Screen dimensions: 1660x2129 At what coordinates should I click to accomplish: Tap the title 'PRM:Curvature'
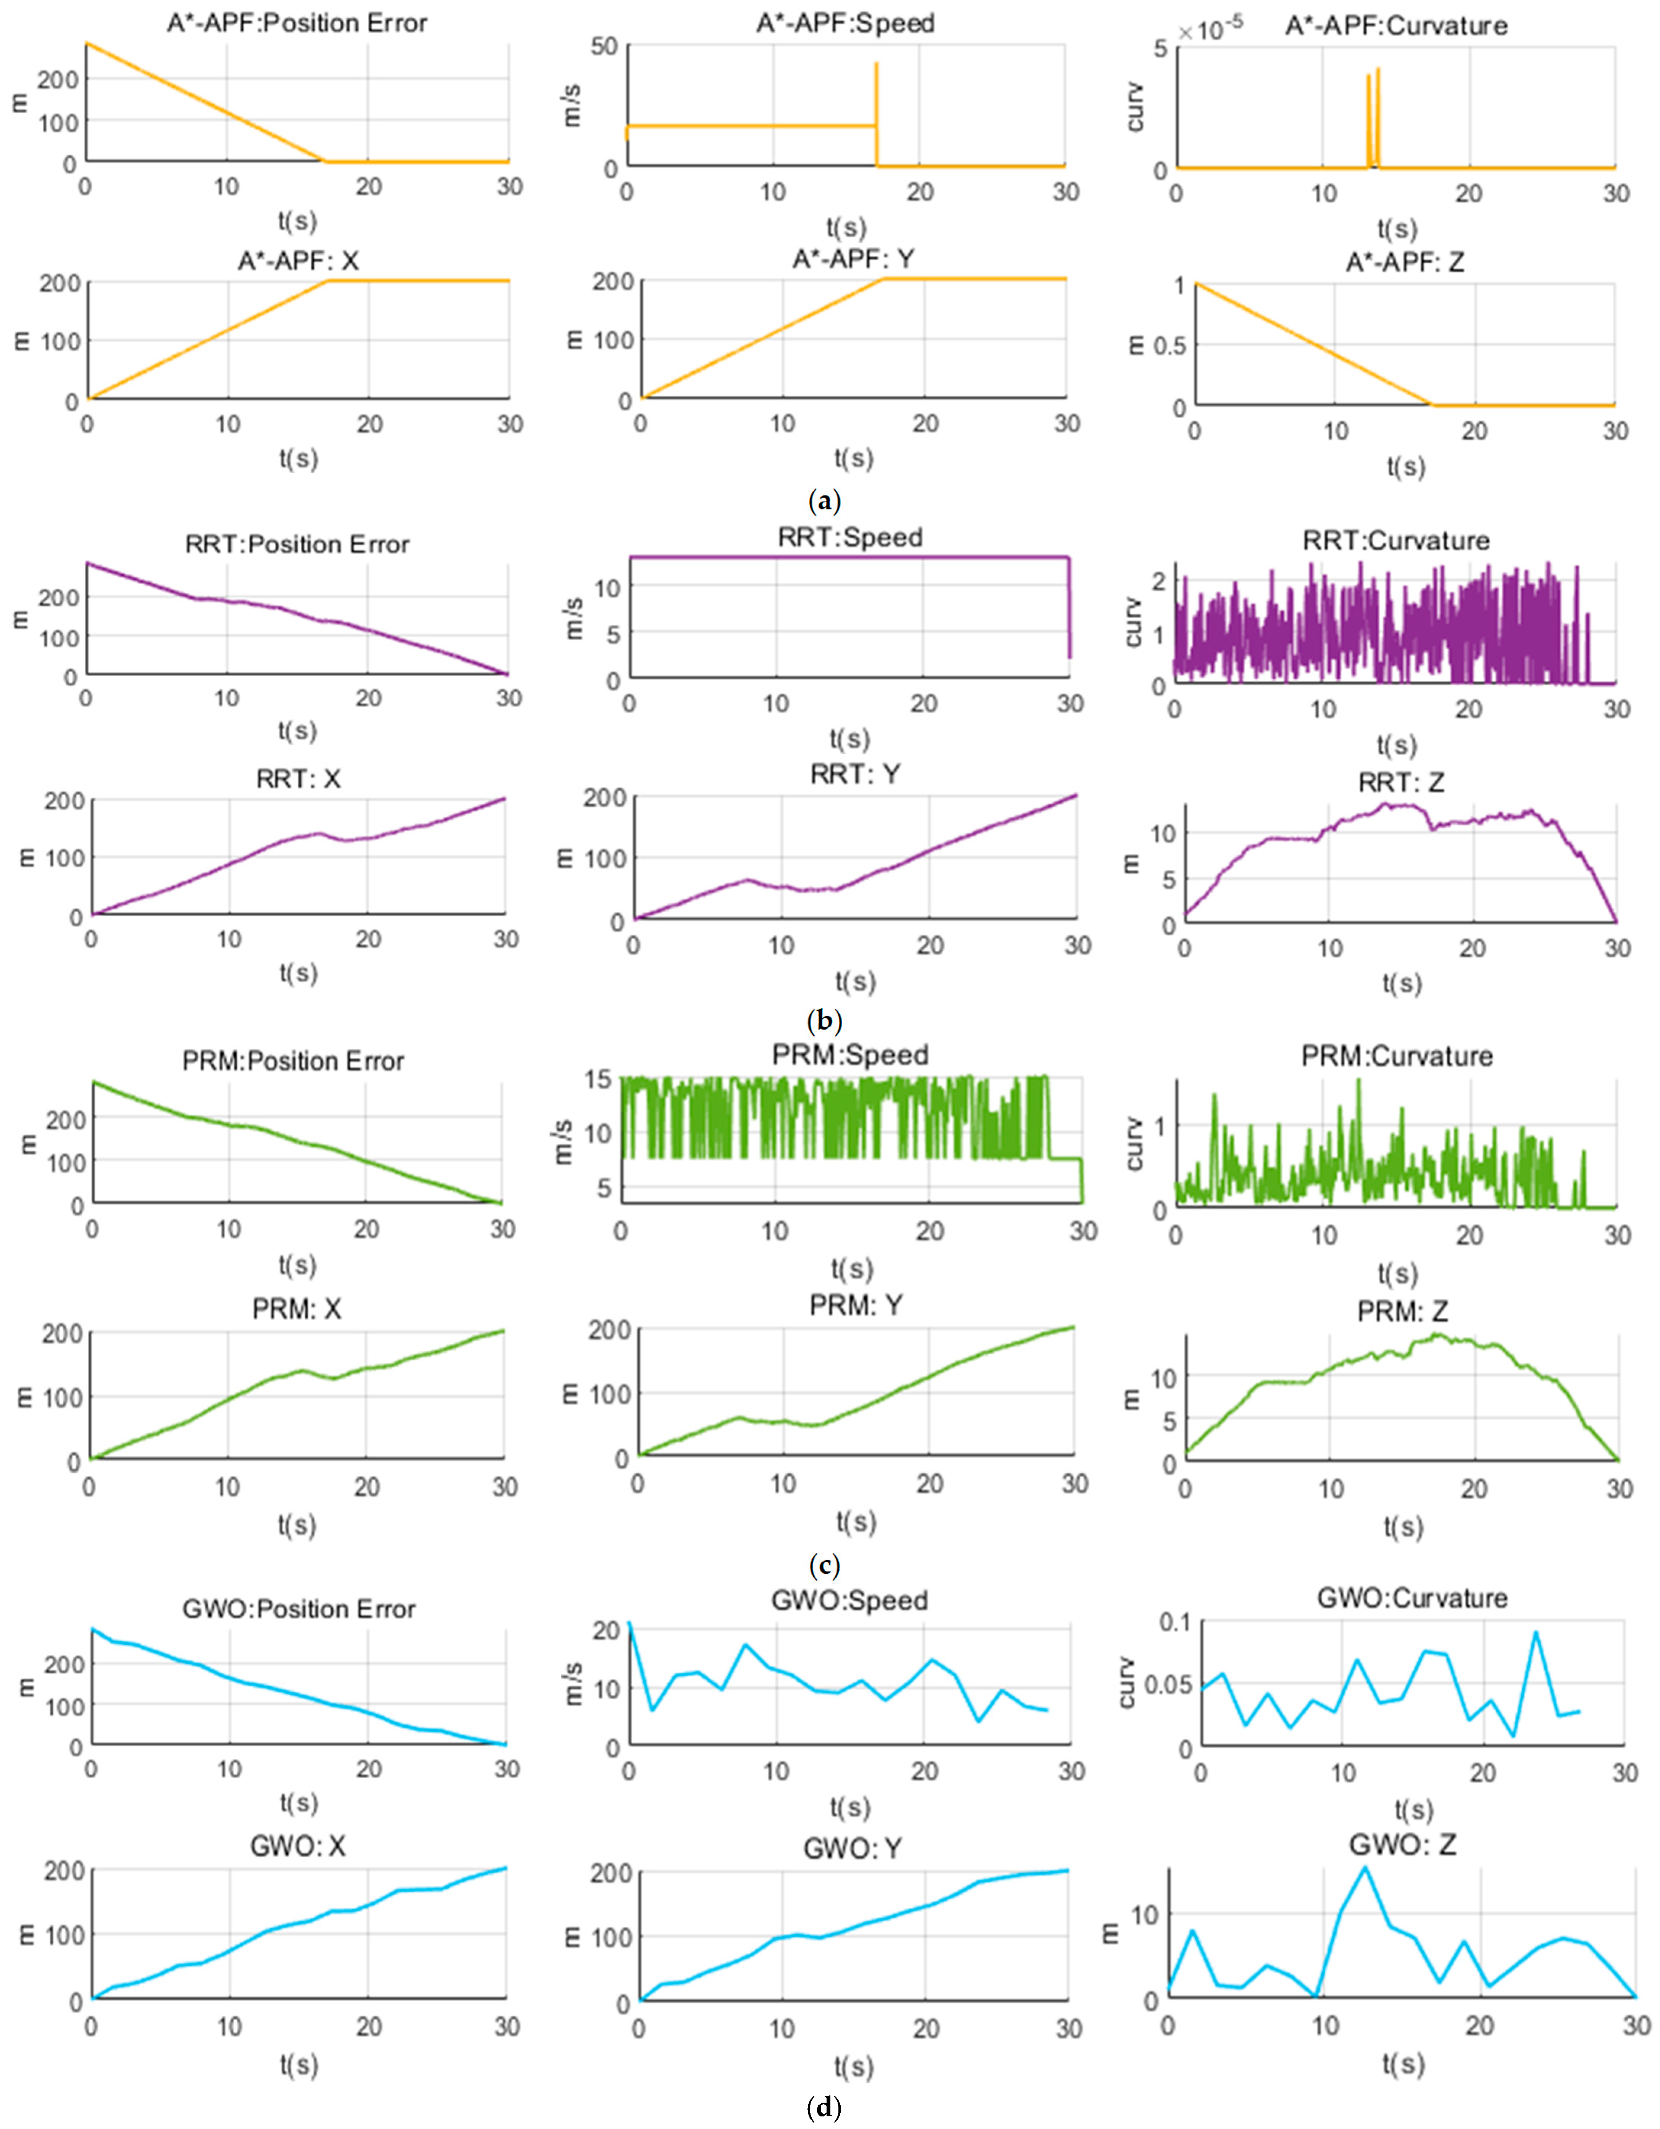(x=1397, y=1056)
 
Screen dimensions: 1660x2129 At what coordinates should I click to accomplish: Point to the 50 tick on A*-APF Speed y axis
(x=604, y=46)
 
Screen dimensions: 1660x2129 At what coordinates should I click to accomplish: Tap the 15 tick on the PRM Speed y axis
(x=598, y=1078)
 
